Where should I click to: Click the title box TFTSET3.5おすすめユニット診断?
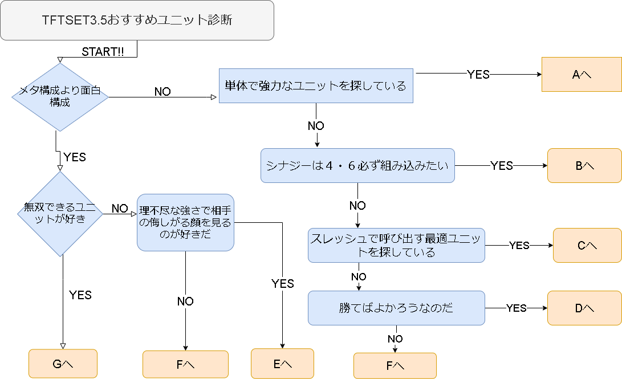(x=137, y=21)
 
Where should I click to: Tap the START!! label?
(x=103, y=51)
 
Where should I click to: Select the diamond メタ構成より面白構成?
(x=60, y=97)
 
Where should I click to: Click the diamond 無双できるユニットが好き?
(x=60, y=213)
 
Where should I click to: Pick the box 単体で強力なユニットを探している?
(x=316, y=86)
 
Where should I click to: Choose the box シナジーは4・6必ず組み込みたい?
(x=357, y=166)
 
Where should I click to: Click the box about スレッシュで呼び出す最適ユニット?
(x=396, y=245)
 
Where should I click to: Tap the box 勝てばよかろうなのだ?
(x=396, y=308)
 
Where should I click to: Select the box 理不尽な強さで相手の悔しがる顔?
(x=185, y=222)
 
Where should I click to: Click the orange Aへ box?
(x=581, y=74)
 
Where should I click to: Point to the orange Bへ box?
(x=584, y=166)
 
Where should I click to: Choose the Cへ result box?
(x=587, y=245)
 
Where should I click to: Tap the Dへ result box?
(x=584, y=308)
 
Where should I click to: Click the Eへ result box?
(x=282, y=364)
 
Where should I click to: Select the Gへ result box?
(x=63, y=364)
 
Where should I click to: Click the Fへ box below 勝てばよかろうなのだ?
(x=395, y=366)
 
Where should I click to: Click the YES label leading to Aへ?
(x=478, y=74)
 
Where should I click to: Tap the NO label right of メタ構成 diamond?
(x=162, y=92)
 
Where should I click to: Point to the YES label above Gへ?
(x=80, y=295)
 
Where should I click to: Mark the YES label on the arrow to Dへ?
(x=516, y=308)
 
